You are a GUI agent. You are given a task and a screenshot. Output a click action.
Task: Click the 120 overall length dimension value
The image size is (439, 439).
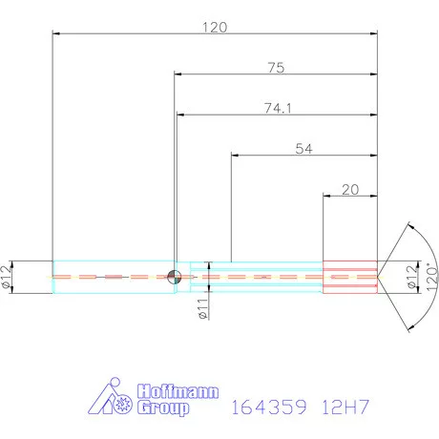coord(215,28)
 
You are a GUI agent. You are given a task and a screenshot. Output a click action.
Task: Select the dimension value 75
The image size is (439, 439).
coord(277,68)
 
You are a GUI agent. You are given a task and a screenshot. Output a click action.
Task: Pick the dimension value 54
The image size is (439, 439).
coord(305,149)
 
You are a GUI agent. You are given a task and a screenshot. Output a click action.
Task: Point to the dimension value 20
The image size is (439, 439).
coord(350,190)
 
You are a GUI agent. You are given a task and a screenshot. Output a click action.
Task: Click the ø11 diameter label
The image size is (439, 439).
coord(202,308)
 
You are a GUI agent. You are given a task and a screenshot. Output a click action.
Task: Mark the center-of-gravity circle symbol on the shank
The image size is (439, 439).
coord(174,277)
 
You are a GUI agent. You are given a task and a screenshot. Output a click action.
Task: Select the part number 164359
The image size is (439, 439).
coord(267,408)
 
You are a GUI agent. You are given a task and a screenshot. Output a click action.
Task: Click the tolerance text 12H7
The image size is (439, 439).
coord(345,408)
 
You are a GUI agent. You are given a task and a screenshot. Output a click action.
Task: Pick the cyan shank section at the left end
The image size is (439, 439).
coord(113,277)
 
